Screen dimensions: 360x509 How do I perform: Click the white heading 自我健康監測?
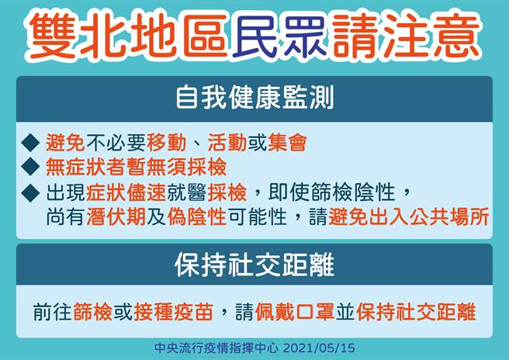click(x=254, y=99)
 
